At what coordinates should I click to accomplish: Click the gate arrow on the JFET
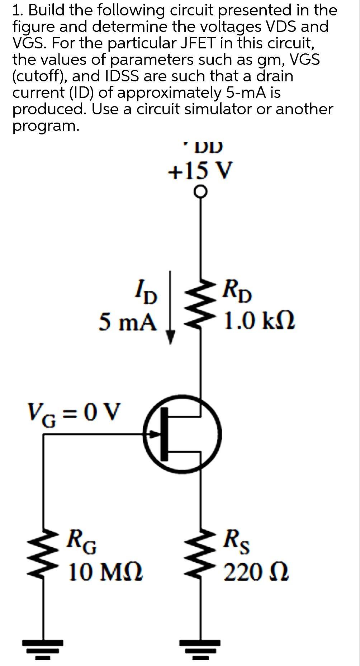(x=155, y=434)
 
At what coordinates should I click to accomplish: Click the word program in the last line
(x=45, y=126)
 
